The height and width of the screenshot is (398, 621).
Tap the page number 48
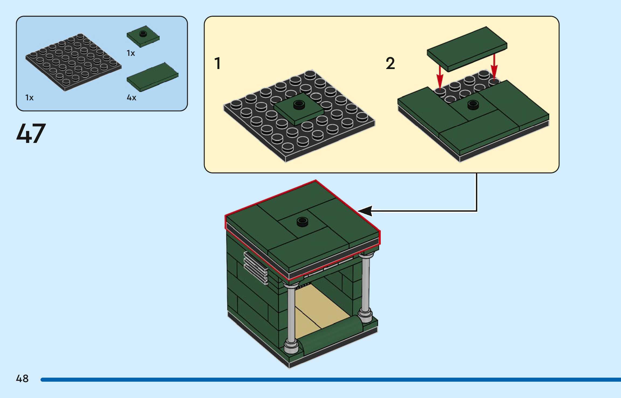pyautogui.click(x=22, y=379)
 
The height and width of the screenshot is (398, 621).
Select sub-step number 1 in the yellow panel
pyautogui.click(x=217, y=64)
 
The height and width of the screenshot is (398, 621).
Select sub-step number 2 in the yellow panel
pyautogui.click(x=390, y=64)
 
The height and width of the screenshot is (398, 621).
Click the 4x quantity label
pyautogui.click(x=131, y=97)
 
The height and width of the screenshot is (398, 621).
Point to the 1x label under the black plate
pyautogui.click(x=29, y=97)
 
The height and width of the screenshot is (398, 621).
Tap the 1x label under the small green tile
pyautogui.click(x=131, y=53)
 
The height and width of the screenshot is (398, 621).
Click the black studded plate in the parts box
pyautogui.click(x=73, y=62)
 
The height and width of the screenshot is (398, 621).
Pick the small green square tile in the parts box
pyautogui.click(x=143, y=36)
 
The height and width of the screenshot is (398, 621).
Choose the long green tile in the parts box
pyautogui.click(x=153, y=77)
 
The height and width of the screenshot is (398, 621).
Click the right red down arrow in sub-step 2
pyautogui.click(x=494, y=67)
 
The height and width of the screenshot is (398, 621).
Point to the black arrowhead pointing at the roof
pyautogui.click(x=365, y=211)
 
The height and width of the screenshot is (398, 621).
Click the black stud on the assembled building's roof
pyautogui.click(x=302, y=222)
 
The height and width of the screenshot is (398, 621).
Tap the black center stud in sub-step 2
pyautogui.click(x=473, y=105)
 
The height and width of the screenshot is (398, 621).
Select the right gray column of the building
pyautogui.click(x=365, y=286)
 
